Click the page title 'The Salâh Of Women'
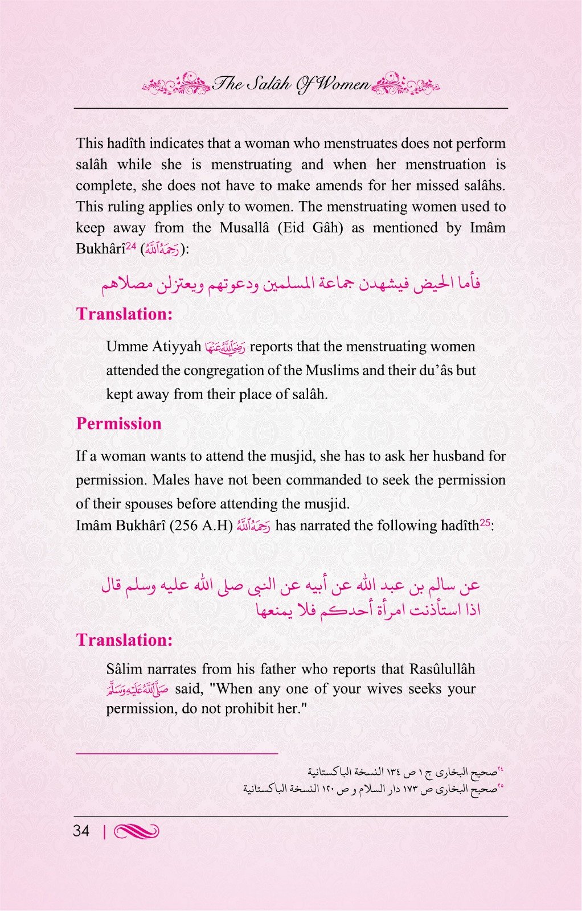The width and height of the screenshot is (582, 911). coord(291,85)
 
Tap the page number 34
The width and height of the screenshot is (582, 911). coord(81,831)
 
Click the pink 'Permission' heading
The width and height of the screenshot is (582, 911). coord(118,424)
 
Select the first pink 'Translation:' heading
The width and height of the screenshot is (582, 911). coord(124,314)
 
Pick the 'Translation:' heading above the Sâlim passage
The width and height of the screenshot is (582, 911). coord(124,640)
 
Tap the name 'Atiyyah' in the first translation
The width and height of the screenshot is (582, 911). coord(177,347)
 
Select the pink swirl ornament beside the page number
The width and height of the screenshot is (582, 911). coord(136,832)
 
